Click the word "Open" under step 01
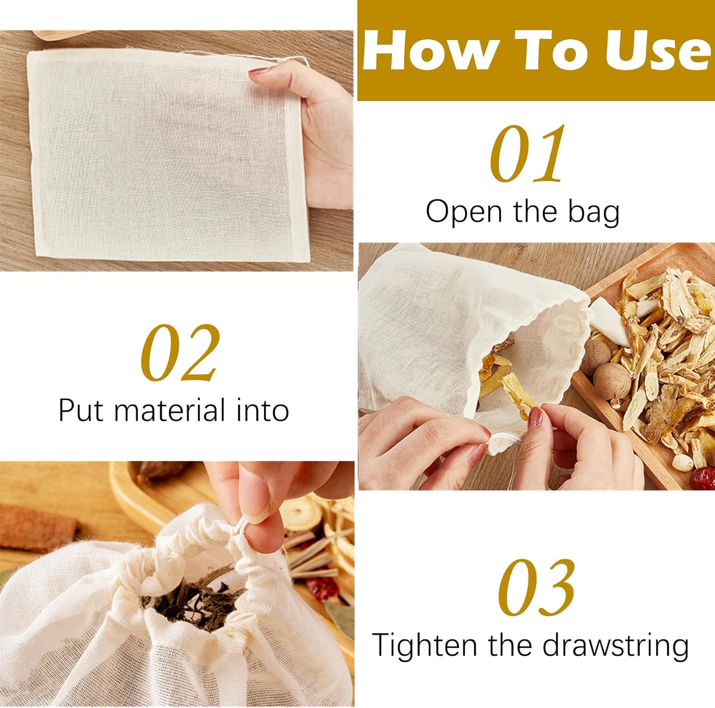point(465,211)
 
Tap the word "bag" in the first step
point(594,212)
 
